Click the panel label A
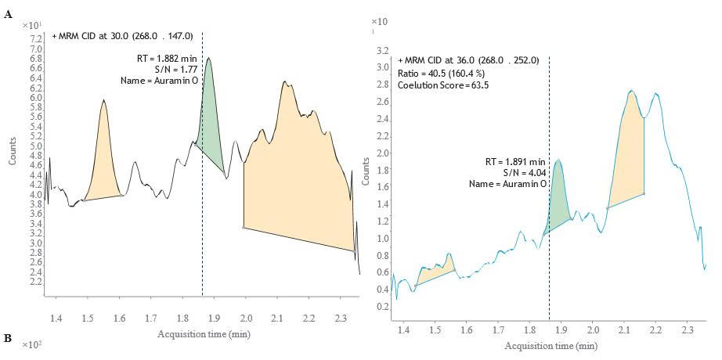tap(7, 15)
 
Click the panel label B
tap(7, 339)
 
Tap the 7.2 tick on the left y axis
tap(36, 38)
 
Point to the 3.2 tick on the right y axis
tap(383, 50)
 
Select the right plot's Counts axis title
tap(365, 176)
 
